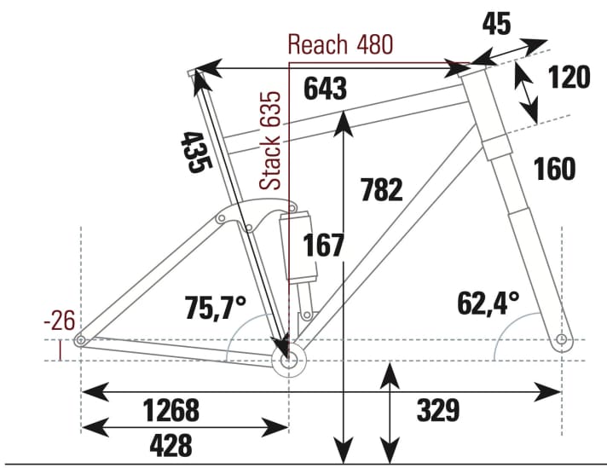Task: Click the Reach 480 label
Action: [x=341, y=44]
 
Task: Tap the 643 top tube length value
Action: [x=325, y=89]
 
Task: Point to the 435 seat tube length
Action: [x=194, y=152]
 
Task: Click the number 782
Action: [x=381, y=189]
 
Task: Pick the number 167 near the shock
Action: [x=324, y=246]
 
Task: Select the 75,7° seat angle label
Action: [x=216, y=306]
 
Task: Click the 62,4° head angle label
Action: [x=489, y=302]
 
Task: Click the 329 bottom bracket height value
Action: [x=438, y=411]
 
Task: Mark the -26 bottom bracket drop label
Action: [x=59, y=321]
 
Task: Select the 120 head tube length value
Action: [x=567, y=77]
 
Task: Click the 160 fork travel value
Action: [x=554, y=169]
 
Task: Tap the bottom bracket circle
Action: [x=287, y=361]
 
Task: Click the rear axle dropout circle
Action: [x=81, y=341]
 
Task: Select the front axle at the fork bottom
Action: [x=561, y=341]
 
